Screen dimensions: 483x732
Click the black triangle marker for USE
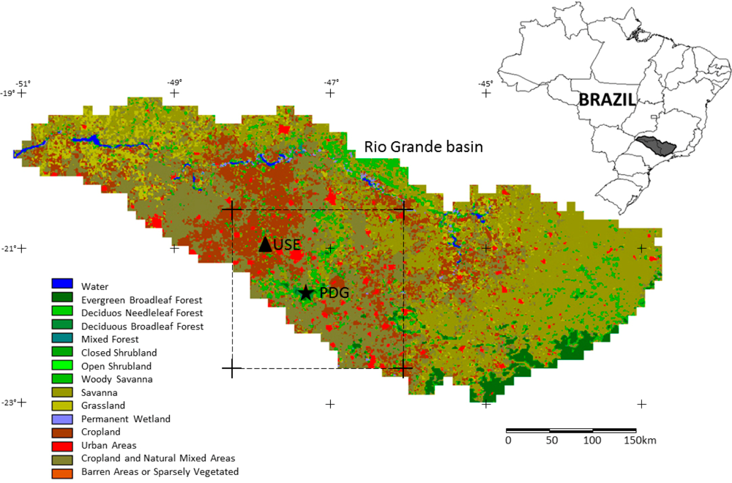(x=266, y=244)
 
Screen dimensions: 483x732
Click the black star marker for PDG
(x=305, y=293)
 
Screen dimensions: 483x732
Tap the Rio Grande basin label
(x=424, y=147)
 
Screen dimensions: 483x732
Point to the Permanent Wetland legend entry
(x=126, y=419)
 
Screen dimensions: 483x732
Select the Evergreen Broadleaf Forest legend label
(x=141, y=300)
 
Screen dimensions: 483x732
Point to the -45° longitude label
(x=486, y=83)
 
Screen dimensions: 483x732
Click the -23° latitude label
(x=9, y=403)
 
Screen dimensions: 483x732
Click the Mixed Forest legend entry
(x=110, y=340)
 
